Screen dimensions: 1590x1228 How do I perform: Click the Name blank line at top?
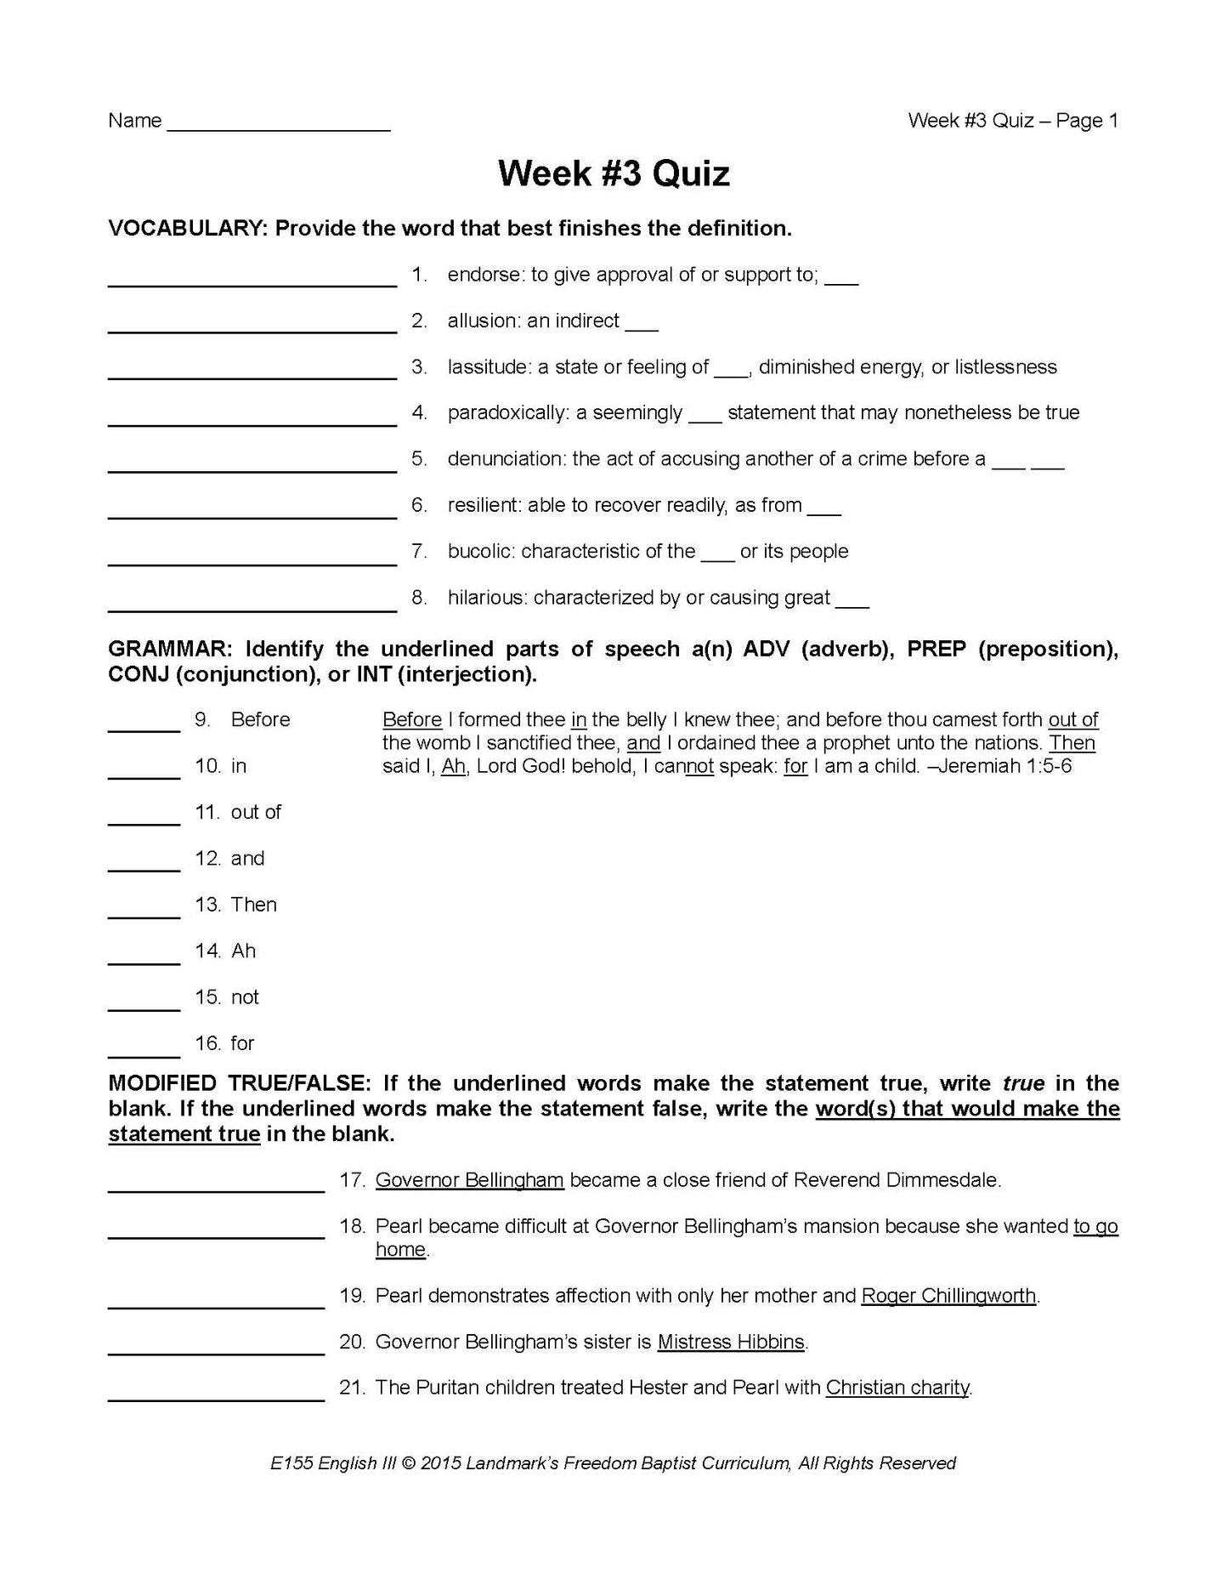[x=279, y=128]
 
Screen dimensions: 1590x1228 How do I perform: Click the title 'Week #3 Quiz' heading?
[x=614, y=174]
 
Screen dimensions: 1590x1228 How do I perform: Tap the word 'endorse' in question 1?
[x=484, y=275]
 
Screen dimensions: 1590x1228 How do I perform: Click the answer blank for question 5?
[x=252, y=468]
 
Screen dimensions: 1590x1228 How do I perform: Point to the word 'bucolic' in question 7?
[x=481, y=551]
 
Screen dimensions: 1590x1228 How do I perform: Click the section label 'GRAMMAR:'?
[x=169, y=650]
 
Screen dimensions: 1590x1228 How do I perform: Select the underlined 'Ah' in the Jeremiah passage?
[x=454, y=766]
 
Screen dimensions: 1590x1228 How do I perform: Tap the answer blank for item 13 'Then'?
[x=144, y=915]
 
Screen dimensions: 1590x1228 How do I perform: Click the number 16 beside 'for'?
[x=207, y=1043]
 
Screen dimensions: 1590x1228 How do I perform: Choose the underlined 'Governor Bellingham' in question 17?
[x=469, y=1180]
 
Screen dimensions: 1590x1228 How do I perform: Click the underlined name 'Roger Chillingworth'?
[x=948, y=1296]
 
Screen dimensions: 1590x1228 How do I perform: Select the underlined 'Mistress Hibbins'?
[x=731, y=1342]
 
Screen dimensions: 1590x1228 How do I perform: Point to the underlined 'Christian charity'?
[x=897, y=1388]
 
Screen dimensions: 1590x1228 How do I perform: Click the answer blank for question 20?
[x=216, y=1350]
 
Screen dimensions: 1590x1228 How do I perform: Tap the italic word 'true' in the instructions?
[x=1023, y=1084]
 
